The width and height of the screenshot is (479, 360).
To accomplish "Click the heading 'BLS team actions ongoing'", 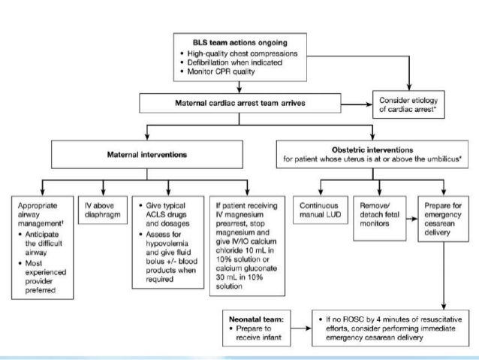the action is tap(239, 43).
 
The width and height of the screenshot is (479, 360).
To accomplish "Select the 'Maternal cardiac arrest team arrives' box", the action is tap(240, 103).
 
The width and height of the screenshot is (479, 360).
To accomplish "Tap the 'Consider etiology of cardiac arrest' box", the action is tap(408, 104).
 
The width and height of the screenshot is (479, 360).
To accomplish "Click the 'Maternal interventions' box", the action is tap(147, 155).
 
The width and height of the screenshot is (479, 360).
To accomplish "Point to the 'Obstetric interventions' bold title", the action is tap(372, 150).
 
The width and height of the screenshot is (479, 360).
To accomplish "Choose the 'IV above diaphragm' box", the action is tap(103, 210).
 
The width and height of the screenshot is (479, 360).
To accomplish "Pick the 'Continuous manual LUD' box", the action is tap(320, 210).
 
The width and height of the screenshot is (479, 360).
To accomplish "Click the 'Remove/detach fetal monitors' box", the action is tap(380, 219).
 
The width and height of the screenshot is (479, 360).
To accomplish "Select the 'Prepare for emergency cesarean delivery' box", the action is tap(443, 219).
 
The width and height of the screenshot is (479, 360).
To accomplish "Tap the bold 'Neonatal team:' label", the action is tap(256, 319).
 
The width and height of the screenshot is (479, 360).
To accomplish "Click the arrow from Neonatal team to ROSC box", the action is tap(301, 328).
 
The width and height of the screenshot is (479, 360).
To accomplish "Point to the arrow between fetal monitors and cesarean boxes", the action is tap(411, 219).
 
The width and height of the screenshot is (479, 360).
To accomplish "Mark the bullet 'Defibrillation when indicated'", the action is tap(234, 62).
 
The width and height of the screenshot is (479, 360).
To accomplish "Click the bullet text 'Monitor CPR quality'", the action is tap(221, 71).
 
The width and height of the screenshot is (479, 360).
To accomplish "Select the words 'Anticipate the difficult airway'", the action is tap(44, 244).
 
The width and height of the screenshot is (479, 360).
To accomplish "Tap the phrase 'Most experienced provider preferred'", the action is tap(46, 277).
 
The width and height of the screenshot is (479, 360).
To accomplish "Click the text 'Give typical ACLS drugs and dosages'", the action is tap(167, 214).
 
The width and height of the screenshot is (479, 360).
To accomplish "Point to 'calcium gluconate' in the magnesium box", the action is tap(246, 268).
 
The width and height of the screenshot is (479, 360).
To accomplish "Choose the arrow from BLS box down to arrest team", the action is tap(239, 87).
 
